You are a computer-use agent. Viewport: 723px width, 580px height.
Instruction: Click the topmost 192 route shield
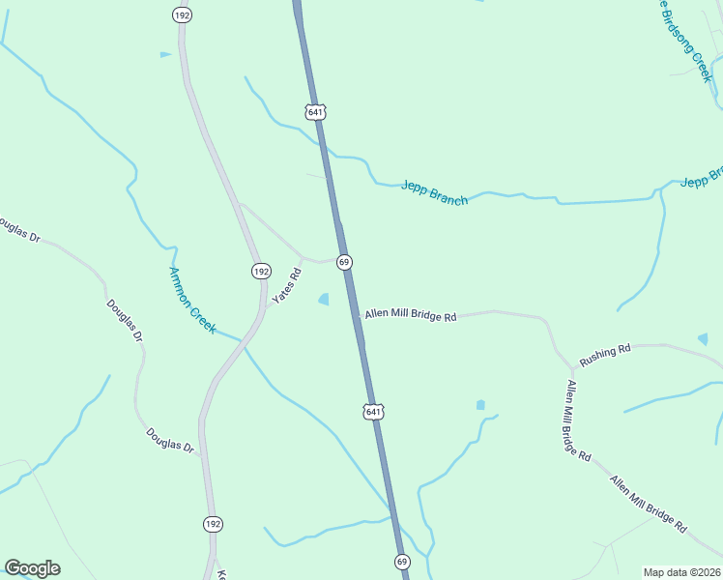(182, 14)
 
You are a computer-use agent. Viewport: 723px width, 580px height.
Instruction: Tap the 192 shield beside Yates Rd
(260, 272)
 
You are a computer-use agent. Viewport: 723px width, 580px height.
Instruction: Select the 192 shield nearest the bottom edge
(213, 524)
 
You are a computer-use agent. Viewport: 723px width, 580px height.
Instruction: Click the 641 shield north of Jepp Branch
(315, 112)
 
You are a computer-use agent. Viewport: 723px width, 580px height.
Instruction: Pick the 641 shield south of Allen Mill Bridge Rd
(372, 412)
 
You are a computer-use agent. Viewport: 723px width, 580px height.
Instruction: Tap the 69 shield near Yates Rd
(343, 262)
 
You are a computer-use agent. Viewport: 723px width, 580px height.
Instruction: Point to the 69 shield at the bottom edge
(402, 562)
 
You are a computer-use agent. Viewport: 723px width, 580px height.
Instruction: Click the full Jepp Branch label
(435, 192)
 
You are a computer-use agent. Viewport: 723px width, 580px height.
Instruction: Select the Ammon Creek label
(192, 295)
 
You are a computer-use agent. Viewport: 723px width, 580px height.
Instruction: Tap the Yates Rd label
(287, 287)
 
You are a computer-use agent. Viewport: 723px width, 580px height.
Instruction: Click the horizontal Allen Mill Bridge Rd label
(410, 316)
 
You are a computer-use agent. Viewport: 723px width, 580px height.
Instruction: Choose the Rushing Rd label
(605, 355)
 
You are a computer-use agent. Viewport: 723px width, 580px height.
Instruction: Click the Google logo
(32, 568)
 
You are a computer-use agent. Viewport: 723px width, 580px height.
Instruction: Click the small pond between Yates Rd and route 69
(324, 300)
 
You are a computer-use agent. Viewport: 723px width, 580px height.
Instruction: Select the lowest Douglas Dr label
(170, 441)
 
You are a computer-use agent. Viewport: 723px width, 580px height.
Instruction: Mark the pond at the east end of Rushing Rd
(704, 339)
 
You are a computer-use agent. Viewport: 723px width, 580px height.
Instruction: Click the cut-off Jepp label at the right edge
(703, 179)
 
